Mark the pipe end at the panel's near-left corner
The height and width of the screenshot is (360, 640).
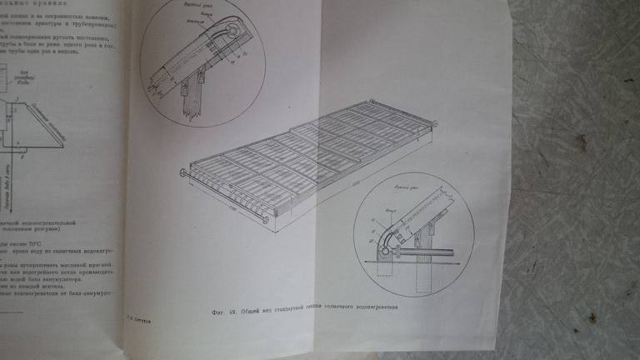click(x=182, y=172)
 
